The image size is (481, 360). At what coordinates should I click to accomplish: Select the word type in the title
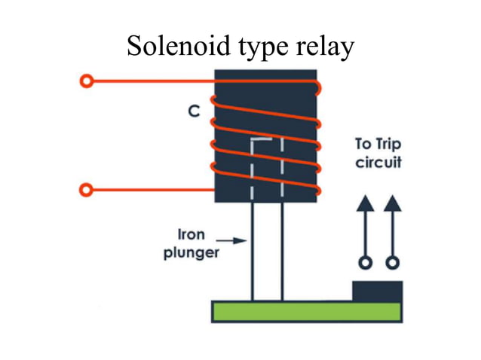pos(261,47)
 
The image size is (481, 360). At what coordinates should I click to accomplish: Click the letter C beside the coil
pos(194,111)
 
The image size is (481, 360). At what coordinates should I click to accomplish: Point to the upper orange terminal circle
pos(87,81)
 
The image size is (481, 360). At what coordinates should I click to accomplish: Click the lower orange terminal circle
pos(87,189)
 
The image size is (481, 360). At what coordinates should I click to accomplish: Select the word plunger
pos(191,252)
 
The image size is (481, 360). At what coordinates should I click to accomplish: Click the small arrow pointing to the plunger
pos(236,241)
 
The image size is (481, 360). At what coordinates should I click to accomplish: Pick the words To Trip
pos(378,144)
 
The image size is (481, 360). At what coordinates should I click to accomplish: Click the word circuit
pos(378,162)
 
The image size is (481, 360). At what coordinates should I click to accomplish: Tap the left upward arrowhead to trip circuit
pos(366,202)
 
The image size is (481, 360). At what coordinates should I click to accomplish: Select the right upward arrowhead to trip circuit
pos(392,202)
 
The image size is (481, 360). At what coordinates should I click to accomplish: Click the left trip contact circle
pos(366,263)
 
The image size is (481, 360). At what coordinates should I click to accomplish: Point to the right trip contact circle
pos(392,263)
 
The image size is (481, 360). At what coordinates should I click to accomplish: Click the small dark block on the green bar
pos(377,291)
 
